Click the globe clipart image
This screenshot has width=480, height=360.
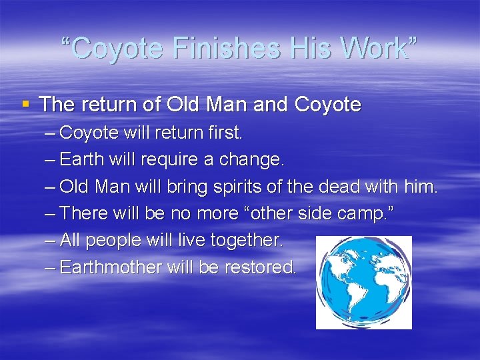(364, 283)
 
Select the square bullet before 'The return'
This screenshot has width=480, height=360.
(25, 104)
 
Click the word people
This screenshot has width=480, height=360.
(115, 241)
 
